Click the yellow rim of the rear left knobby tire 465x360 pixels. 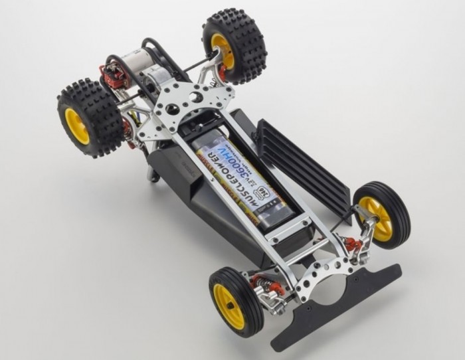click(77, 125)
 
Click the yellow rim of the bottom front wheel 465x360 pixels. click(229, 306)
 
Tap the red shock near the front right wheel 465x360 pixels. click(353, 244)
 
